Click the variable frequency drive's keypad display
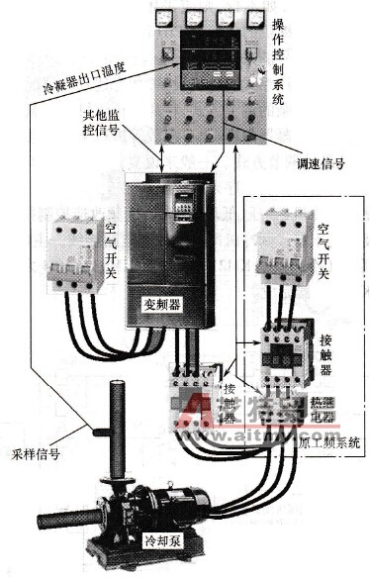[184, 204]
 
